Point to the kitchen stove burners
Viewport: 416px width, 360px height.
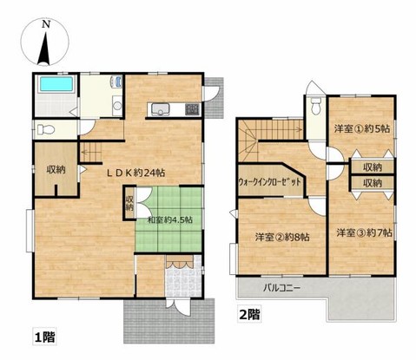click(192, 108)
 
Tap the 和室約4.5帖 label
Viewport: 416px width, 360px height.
click(169, 219)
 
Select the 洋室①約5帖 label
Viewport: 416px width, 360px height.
click(361, 129)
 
